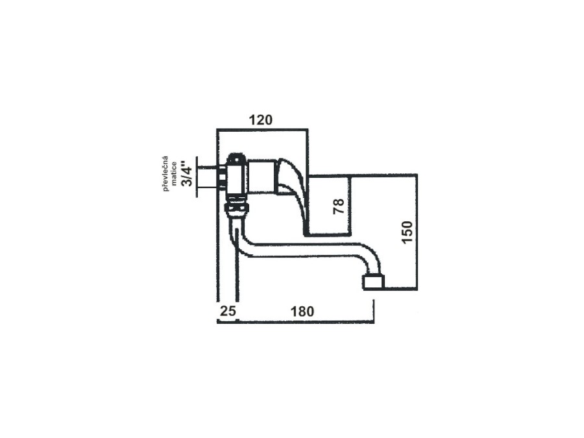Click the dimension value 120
click(261, 120)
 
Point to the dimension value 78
click(339, 206)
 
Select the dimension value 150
click(408, 232)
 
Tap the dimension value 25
click(228, 311)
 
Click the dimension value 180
click(302, 311)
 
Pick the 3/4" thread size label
click(187, 173)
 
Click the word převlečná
click(165, 173)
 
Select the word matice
click(174, 173)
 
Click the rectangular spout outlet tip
click(373, 282)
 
